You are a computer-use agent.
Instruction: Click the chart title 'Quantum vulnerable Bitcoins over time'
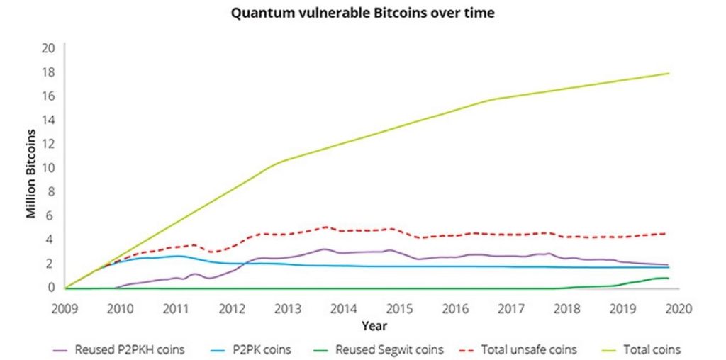[363, 13]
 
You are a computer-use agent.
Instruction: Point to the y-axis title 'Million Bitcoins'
[32, 173]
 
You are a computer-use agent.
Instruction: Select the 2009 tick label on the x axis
[65, 308]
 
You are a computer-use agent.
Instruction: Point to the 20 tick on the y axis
[49, 48]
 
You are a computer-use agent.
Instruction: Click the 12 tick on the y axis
[49, 144]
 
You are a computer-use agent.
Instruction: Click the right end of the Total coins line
[669, 74]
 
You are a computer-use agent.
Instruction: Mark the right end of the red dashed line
[666, 233]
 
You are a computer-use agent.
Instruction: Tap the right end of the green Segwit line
[669, 278]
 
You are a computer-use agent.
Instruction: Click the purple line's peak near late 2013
[323, 249]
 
